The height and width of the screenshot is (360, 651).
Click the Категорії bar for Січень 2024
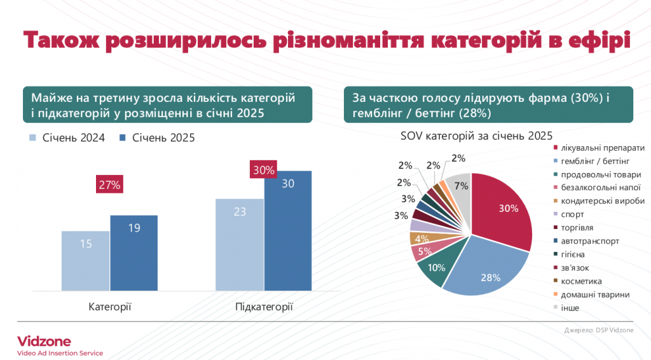pos(85,261)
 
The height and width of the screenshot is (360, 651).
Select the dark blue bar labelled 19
pos(134,253)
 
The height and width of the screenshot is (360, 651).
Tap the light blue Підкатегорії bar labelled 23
pos(240,245)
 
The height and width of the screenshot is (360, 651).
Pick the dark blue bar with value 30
pos(288,231)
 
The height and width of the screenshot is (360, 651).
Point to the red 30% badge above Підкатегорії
pos(263,170)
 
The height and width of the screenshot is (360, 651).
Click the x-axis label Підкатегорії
pos(264,307)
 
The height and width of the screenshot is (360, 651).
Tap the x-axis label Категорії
pos(109,307)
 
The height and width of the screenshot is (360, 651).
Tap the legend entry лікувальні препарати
pos(598,148)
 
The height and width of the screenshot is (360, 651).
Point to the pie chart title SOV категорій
pos(476,135)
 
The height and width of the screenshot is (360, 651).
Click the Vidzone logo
pos(44,341)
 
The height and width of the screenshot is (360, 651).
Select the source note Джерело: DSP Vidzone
pos(598,329)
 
